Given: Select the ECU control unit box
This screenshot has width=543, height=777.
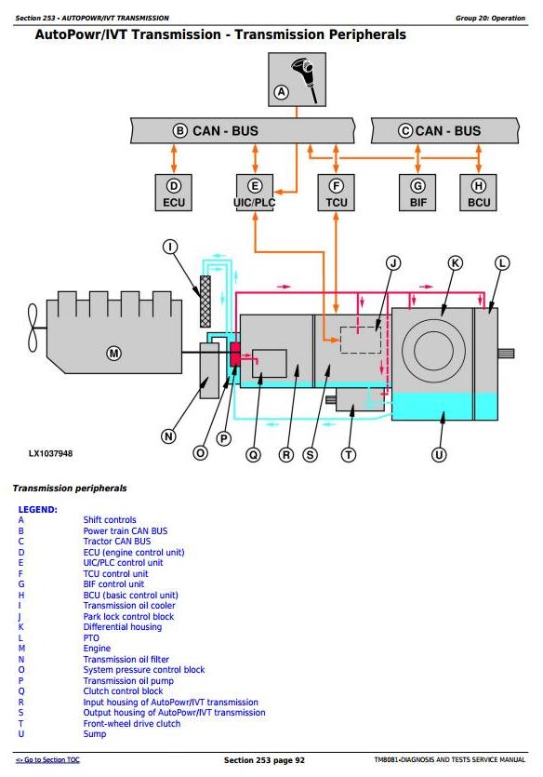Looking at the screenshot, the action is click(173, 193).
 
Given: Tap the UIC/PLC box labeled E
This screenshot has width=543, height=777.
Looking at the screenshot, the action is click(255, 193).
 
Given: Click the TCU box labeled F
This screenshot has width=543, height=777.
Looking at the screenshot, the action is click(336, 193).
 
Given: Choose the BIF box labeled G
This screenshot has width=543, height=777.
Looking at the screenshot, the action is click(417, 193).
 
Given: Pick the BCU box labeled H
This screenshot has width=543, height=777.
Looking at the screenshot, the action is click(478, 193).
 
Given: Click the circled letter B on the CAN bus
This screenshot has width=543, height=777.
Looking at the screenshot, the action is click(179, 131).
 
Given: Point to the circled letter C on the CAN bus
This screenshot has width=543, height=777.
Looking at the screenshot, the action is click(405, 131).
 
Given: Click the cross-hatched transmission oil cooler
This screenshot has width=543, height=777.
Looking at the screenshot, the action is click(205, 301).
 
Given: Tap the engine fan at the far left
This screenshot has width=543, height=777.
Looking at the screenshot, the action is click(33, 328).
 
